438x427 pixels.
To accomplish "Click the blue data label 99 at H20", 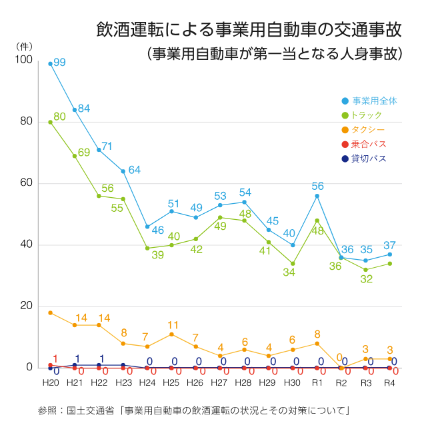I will (x=59, y=62).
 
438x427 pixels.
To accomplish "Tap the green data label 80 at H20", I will (x=59, y=117).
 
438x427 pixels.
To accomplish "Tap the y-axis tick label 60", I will (x=27, y=183).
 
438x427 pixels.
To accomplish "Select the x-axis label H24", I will (x=147, y=384).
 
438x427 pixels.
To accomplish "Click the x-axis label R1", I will (x=317, y=384).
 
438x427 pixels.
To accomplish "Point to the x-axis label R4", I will (x=390, y=384).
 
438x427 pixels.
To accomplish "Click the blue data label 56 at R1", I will (x=317, y=186).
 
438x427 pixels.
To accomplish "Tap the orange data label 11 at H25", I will (x=173, y=325).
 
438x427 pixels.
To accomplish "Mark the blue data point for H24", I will (x=147, y=226).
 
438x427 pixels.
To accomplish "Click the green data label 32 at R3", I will (x=366, y=279).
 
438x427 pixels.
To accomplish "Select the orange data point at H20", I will (x=50, y=312).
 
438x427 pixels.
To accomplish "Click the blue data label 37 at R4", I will (x=390, y=244).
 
